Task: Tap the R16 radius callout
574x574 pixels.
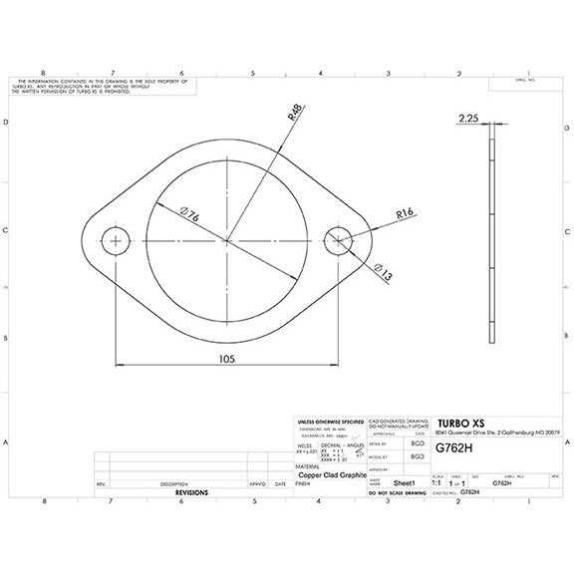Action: pos(405,212)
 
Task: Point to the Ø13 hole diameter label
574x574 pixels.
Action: pos(383,272)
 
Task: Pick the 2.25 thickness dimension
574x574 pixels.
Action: pos(468,119)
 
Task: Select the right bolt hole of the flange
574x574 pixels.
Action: pos(339,240)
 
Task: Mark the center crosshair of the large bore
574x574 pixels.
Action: pos(228,240)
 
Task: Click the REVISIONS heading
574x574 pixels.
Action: pos(191,493)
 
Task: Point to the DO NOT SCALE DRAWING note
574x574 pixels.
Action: pos(396,493)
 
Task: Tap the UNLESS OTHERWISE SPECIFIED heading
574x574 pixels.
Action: pos(332,423)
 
